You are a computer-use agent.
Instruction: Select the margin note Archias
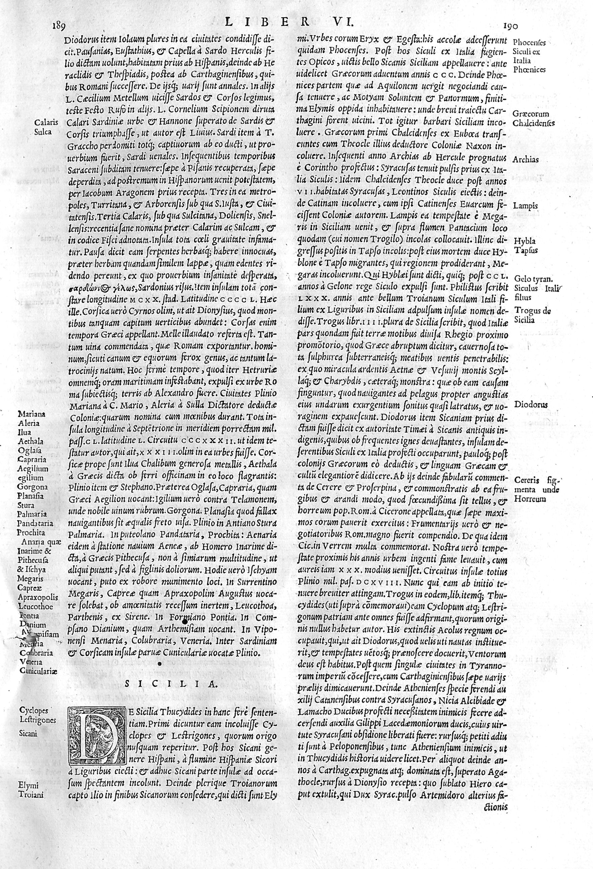tap(526, 159)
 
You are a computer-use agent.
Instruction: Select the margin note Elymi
tap(28, 847)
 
